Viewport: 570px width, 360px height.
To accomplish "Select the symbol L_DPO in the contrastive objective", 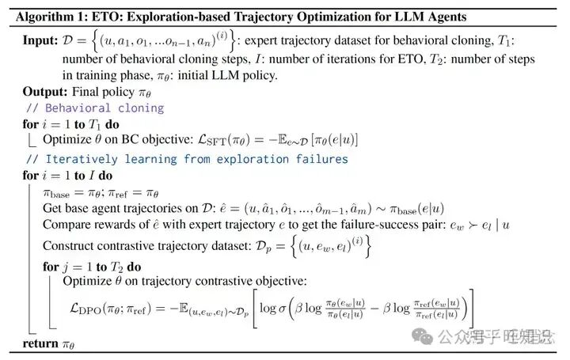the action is pos(90,306).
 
